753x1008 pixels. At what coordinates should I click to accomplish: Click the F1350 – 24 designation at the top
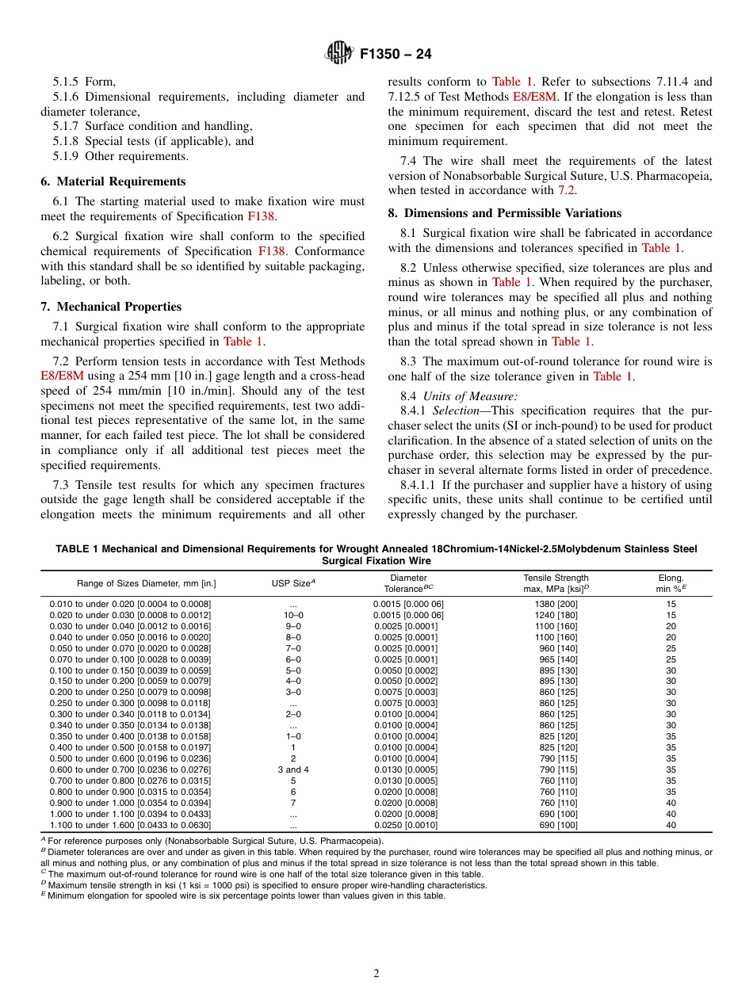point(396,55)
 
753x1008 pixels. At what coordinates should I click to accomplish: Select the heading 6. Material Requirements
point(113,181)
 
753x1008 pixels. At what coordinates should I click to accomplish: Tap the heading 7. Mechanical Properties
point(111,307)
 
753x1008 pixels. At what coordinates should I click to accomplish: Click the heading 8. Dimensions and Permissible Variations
point(504,213)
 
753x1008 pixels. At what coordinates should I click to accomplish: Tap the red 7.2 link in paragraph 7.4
point(564,190)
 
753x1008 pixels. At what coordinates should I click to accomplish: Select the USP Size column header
point(293,583)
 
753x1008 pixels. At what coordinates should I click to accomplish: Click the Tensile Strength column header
point(556,583)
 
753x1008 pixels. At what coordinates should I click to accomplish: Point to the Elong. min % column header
point(671,583)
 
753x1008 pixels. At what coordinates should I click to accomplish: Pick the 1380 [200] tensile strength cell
point(556,604)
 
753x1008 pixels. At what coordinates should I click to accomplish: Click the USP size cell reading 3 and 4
point(293,769)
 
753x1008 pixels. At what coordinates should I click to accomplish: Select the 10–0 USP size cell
point(293,615)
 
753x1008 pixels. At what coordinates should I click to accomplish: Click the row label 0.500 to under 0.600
point(130,758)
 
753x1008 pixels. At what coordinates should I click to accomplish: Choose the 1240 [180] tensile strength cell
point(556,615)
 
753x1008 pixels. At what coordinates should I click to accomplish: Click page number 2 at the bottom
point(376,974)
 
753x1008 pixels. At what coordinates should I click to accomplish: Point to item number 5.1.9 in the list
point(67,156)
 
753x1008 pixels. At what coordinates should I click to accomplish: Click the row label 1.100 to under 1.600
point(130,825)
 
